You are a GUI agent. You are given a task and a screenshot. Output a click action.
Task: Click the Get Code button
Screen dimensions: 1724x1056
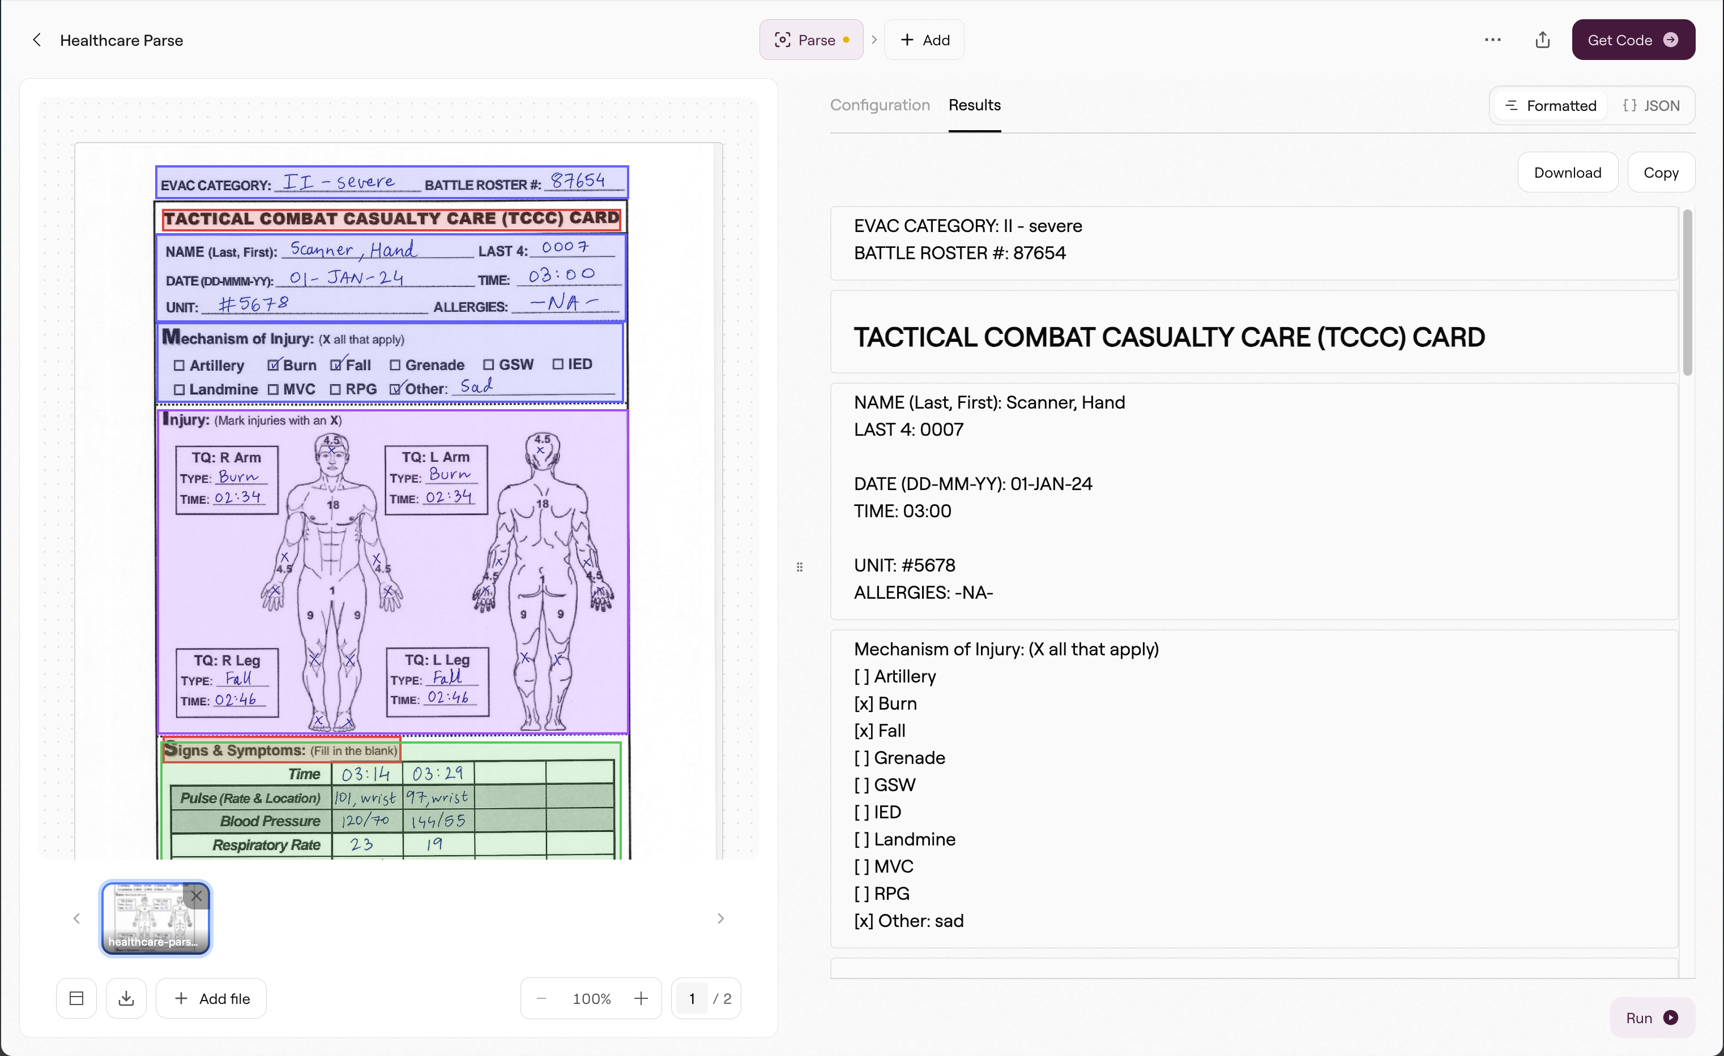(1632, 40)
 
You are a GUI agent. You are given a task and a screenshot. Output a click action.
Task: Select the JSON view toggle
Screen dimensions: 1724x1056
(1652, 106)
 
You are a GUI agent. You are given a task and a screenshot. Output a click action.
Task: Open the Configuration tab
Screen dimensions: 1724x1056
(880, 105)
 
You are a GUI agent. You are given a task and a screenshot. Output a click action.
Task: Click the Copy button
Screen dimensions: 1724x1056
(1661, 172)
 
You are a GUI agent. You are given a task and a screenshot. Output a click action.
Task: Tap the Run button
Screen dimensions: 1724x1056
(1652, 1018)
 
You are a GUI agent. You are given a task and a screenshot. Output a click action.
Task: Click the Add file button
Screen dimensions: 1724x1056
(211, 998)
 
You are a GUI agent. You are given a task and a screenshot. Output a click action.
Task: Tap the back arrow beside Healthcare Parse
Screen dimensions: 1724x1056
(37, 40)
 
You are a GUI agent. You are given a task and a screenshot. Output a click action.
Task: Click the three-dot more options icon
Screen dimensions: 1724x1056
(1492, 40)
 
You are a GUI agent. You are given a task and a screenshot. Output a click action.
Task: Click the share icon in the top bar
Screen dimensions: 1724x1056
(1543, 40)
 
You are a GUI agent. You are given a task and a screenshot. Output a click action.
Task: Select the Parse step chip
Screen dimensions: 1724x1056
(811, 40)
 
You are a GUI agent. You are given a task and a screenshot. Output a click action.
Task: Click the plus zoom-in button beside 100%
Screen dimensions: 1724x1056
(640, 998)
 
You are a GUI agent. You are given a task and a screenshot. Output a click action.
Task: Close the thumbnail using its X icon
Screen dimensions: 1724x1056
(197, 896)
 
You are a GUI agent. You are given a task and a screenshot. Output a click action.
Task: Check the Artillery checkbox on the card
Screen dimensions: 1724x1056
(179, 365)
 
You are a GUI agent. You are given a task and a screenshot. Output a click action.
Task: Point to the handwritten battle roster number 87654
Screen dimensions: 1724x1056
(578, 181)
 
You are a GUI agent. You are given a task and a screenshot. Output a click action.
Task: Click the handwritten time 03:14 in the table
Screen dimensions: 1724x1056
(365, 774)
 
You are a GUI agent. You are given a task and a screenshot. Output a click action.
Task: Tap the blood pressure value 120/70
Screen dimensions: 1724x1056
(365, 821)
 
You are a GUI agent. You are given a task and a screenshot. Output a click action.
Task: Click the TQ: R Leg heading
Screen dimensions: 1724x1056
(227, 660)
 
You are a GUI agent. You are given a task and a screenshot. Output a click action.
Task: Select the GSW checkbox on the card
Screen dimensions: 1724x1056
(488, 364)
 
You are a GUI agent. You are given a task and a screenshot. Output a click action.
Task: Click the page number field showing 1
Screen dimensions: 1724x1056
(692, 998)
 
